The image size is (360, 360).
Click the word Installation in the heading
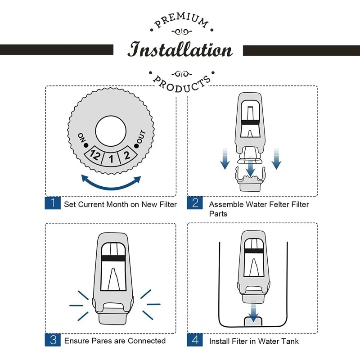[180, 49]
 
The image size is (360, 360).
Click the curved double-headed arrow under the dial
[111, 182]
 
